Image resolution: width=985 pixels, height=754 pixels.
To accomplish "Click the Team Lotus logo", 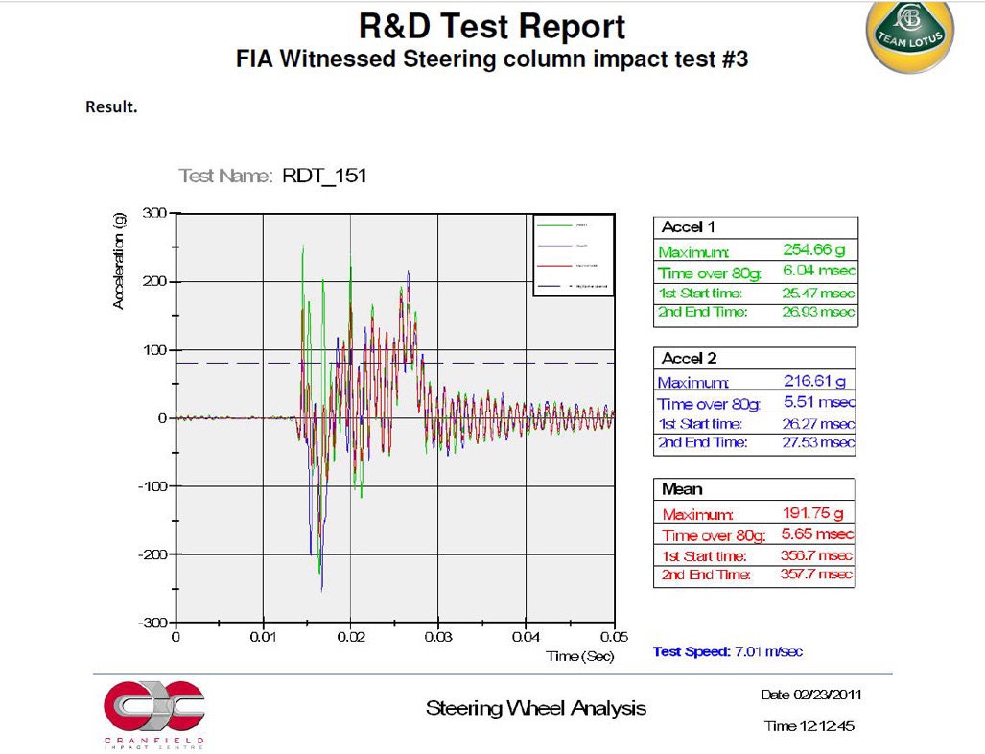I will tap(910, 35).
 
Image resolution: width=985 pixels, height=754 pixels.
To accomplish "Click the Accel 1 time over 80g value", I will tap(819, 271).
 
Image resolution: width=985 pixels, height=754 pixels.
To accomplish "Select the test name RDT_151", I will tap(324, 176).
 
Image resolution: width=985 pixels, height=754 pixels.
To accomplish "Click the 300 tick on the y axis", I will tap(154, 212).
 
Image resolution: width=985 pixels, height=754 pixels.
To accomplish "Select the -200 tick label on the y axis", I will tap(151, 554).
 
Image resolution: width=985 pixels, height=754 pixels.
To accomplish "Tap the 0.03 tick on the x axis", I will tap(438, 636).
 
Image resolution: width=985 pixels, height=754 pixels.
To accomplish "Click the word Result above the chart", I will tap(112, 106).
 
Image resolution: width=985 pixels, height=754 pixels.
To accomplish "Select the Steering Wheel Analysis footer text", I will tap(535, 709).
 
